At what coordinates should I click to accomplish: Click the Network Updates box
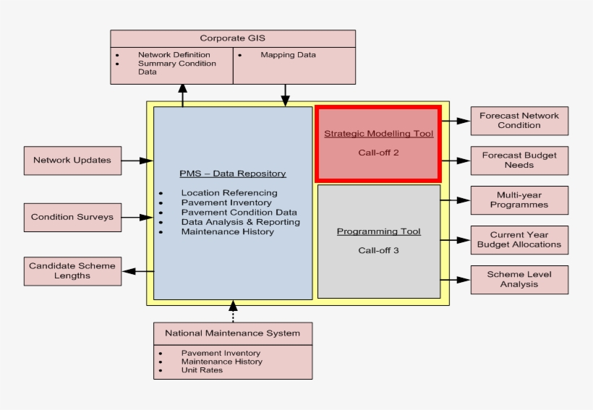coord(72,161)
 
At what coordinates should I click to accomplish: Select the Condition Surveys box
coord(72,217)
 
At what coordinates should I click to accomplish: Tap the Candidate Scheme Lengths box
coord(72,270)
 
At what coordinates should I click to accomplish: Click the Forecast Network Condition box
coord(519,121)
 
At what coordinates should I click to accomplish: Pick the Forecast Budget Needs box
coord(519,161)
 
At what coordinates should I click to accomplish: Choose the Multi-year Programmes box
coord(519,200)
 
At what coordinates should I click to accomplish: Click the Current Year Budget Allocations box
coord(519,240)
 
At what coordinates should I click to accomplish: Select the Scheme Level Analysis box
coord(519,280)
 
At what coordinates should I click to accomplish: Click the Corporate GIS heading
coord(232,39)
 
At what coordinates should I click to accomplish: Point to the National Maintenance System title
coord(232,333)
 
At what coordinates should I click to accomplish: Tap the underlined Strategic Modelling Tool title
coord(378,134)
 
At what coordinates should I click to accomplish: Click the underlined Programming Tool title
coord(378,232)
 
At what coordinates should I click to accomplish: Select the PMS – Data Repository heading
coord(232,174)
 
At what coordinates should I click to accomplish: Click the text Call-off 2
coord(378,153)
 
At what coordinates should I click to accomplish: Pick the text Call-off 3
coord(378,251)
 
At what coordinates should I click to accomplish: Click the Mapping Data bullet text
coord(288,55)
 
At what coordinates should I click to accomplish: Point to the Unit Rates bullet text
coord(202,370)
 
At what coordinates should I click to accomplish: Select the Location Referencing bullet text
coord(229,193)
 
